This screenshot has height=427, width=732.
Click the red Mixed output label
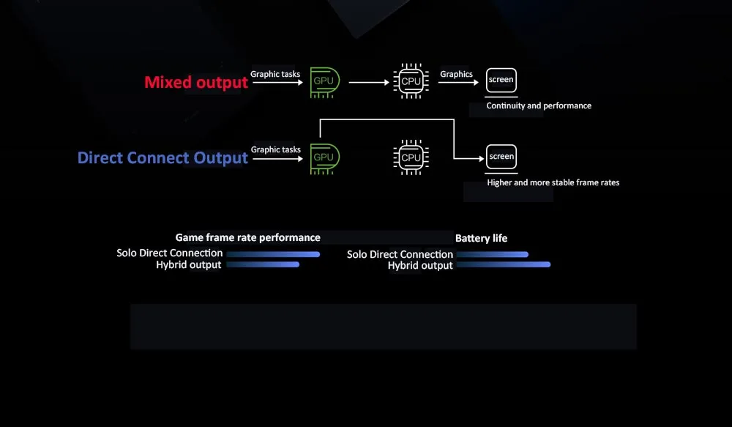(x=196, y=82)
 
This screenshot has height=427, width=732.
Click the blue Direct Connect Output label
(x=163, y=157)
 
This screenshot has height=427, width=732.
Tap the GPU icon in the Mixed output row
(x=324, y=81)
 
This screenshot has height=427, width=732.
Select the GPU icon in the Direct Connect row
(x=324, y=157)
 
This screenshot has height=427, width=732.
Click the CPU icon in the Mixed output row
(x=411, y=81)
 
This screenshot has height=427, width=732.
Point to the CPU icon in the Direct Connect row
(x=411, y=157)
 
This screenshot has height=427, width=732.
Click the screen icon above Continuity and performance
(x=501, y=80)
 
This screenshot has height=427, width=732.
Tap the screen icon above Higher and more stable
(x=501, y=156)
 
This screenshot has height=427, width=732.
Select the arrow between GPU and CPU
(x=369, y=82)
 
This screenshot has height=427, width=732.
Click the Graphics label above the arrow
(x=456, y=74)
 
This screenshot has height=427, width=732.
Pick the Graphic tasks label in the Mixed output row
(x=275, y=74)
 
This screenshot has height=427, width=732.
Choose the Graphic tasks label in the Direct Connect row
(x=275, y=149)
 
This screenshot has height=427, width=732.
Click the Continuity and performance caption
(x=539, y=105)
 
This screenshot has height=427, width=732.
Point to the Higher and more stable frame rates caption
(x=553, y=182)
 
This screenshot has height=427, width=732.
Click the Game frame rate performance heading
(x=247, y=237)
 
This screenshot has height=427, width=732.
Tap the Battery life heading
(x=481, y=238)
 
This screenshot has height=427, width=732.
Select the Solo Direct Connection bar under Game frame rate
(x=273, y=254)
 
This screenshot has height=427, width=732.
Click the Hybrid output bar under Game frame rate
(x=263, y=264)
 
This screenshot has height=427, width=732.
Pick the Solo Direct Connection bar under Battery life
(x=491, y=254)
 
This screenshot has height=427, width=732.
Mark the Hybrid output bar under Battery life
(x=502, y=264)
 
